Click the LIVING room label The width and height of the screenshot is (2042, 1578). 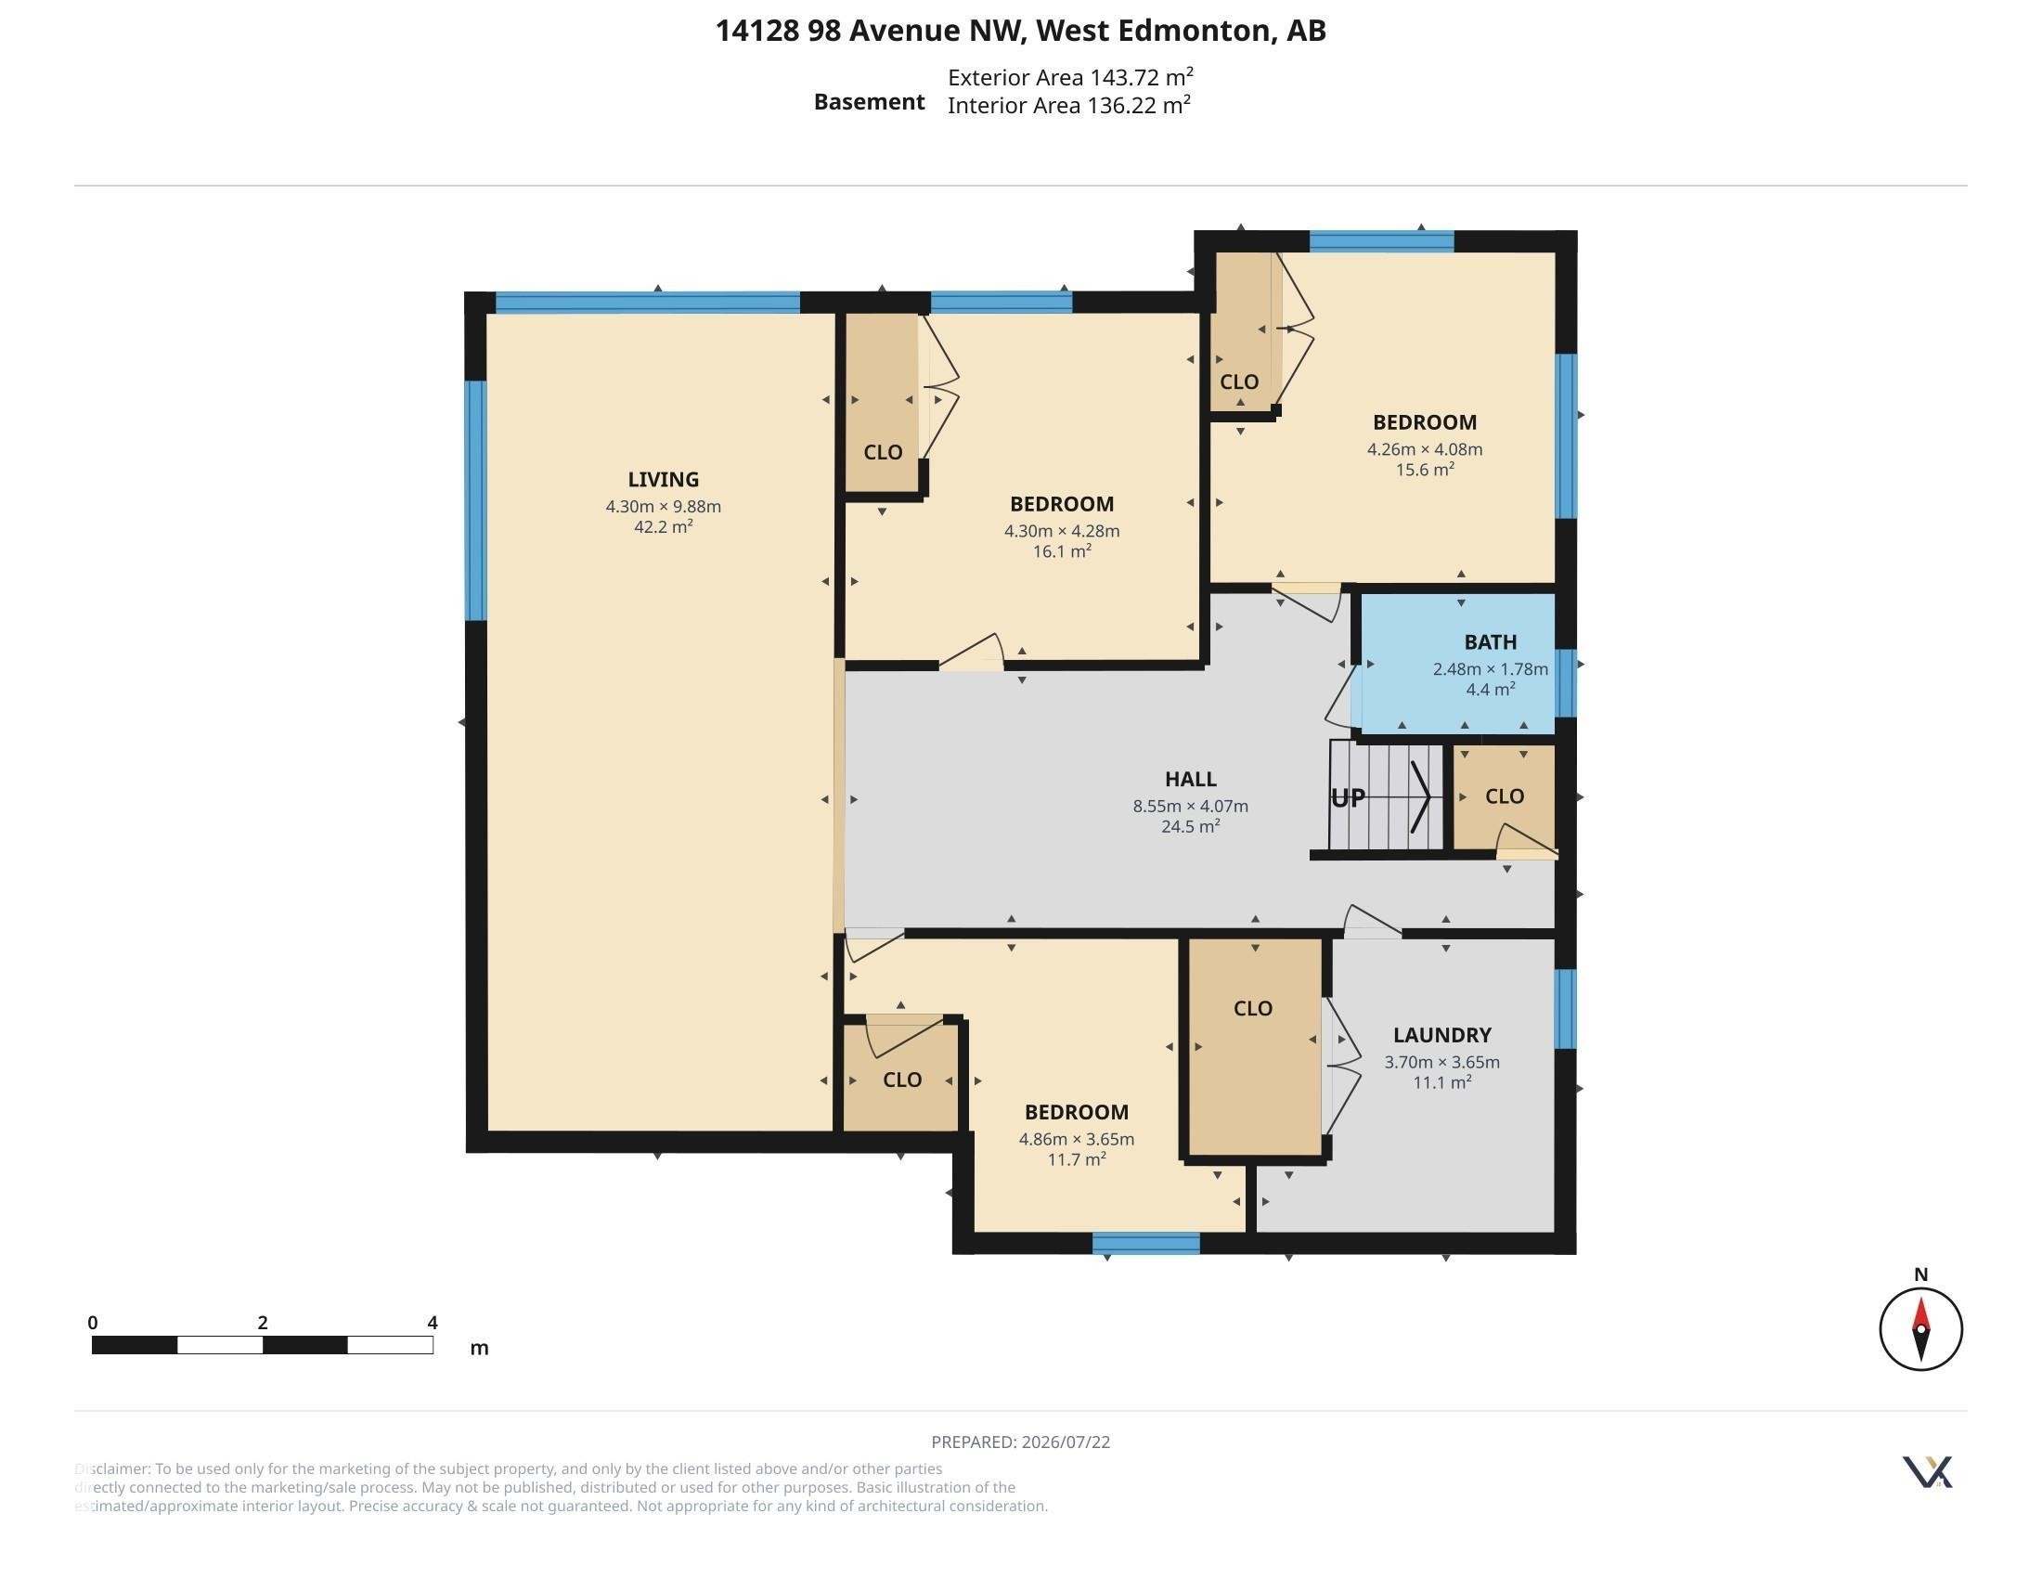pyautogui.click(x=663, y=480)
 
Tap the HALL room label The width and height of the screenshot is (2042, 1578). pyautogui.click(x=1190, y=779)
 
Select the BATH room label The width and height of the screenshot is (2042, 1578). pyautogui.click(x=1491, y=642)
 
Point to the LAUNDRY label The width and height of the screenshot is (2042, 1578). pyautogui.click(x=1441, y=1035)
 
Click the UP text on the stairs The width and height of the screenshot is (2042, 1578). pyautogui.click(x=1348, y=797)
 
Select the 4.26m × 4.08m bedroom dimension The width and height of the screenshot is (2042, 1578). pyautogui.click(x=1425, y=448)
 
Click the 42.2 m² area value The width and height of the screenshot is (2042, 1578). pyautogui.click(x=663, y=526)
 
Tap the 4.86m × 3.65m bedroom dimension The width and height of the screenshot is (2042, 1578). pyautogui.click(x=1076, y=1139)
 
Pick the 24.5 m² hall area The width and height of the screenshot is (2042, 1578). pyautogui.click(x=1190, y=826)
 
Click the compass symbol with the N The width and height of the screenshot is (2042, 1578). pyautogui.click(x=1920, y=1327)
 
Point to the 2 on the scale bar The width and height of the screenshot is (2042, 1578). pyautogui.click(x=263, y=1323)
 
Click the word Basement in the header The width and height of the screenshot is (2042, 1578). pyautogui.click(x=869, y=102)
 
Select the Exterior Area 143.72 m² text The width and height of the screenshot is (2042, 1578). pyautogui.click(x=1070, y=77)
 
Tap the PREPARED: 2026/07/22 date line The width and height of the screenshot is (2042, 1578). pyautogui.click(x=1021, y=1442)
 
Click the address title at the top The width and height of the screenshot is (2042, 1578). pyautogui.click(x=1021, y=31)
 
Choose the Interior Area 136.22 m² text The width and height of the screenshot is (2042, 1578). pyautogui.click(x=1068, y=105)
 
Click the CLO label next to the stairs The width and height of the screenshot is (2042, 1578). pyautogui.click(x=1505, y=796)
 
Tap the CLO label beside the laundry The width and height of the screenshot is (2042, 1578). pyautogui.click(x=1253, y=1009)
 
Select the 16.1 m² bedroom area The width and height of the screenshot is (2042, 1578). pyautogui.click(x=1062, y=551)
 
